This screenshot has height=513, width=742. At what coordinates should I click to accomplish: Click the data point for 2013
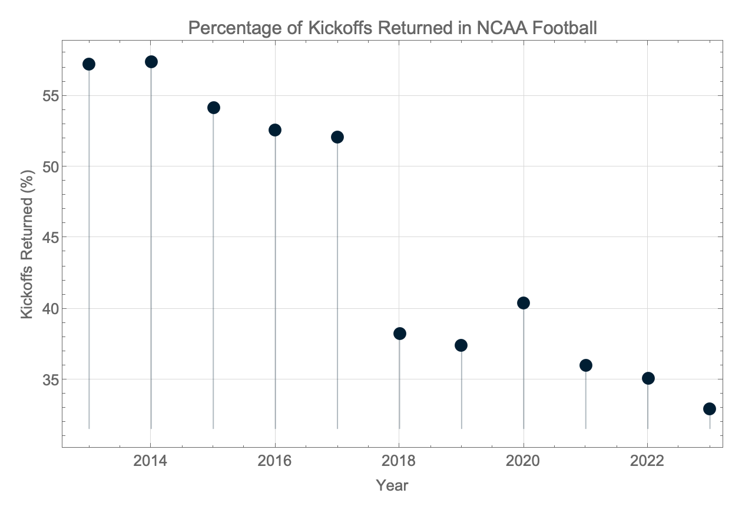[89, 64]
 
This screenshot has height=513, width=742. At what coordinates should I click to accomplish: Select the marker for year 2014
[151, 62]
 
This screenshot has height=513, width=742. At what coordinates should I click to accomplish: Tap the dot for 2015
[214, 108]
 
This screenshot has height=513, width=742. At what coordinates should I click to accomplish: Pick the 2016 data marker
[275, 130]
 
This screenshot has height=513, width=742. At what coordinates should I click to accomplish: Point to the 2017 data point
[337, 137]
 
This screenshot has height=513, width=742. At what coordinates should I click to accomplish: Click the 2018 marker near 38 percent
[400, 334]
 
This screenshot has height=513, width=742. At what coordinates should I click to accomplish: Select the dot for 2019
[461, 345]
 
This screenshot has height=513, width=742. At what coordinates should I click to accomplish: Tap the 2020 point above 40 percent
[524, 303]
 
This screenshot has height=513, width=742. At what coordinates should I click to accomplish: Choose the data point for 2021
[586, 365]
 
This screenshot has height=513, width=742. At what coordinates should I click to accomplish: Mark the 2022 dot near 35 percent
[648, 378]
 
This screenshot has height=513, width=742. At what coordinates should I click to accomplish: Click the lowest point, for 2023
[710, 409]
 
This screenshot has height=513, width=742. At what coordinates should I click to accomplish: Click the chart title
[392, 28]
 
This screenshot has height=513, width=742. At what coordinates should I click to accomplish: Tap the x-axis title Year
[392, 486]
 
